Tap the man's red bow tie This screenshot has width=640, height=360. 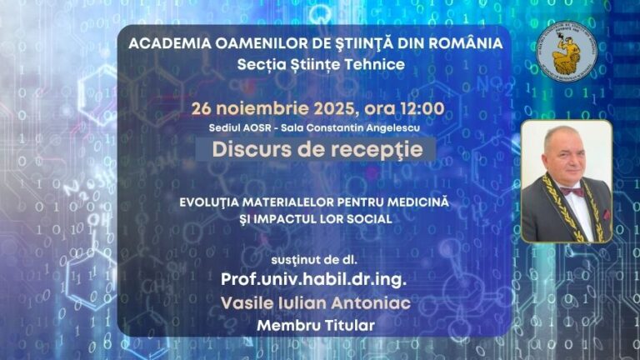click(571, 191)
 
